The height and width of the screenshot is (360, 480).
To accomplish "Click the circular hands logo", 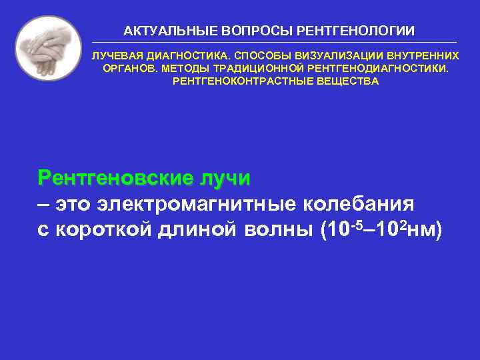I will coord(48,48).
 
